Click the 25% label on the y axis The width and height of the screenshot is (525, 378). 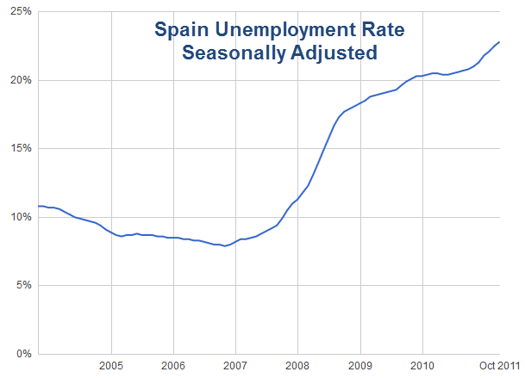click(20, 12)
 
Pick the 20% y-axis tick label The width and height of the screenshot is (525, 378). click(20, 80)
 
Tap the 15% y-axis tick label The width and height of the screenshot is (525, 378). click(20, 148)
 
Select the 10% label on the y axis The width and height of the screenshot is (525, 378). click(20, 217)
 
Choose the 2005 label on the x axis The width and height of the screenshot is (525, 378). click(111, 365)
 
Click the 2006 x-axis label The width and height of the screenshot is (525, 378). click(173, 365)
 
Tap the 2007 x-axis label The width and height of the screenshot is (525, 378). click(235, 365)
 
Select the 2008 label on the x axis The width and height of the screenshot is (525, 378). click(297, 365)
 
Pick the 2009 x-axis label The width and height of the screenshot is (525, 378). click(359, 365)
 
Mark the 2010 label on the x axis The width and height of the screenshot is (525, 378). click(422, 365)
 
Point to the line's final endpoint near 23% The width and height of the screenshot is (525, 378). click(499, 42)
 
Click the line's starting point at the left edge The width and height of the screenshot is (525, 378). click(38, 206)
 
